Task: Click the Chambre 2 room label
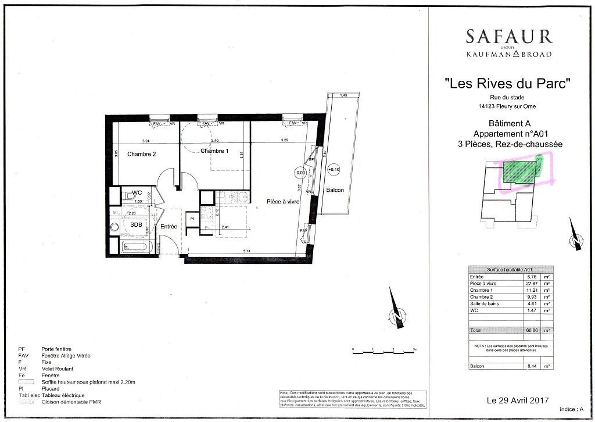[x=142, y=154]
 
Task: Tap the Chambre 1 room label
[x=214, y=151]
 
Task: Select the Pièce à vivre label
[x=283, y=201]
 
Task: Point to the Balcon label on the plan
[x=335, y=190]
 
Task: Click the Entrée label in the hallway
[x=169, y=227]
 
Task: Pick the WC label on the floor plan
[x=137, y=192]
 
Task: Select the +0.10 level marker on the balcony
[x=334, y=170]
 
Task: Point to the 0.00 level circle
[x=300, y=173]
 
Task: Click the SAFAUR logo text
[x=508, y=36]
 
